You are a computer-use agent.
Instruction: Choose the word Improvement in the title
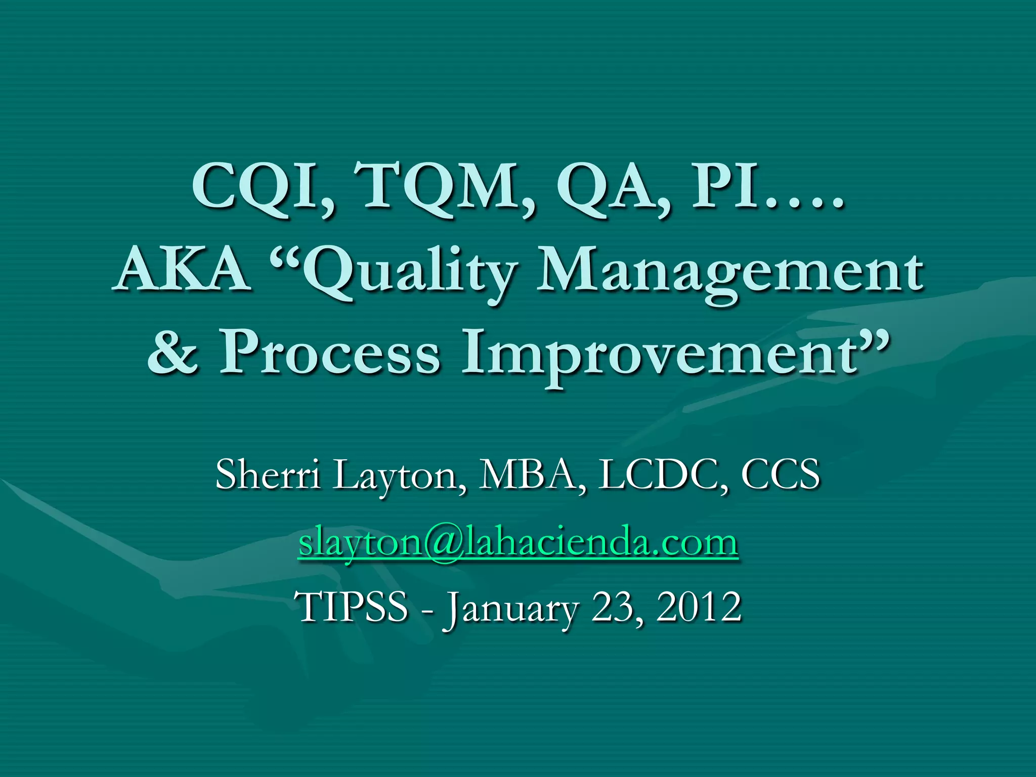click(x=658, y=357)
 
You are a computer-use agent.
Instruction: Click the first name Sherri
click(x=268, y=474)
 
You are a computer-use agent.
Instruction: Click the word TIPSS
click(x=354, y=607)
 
